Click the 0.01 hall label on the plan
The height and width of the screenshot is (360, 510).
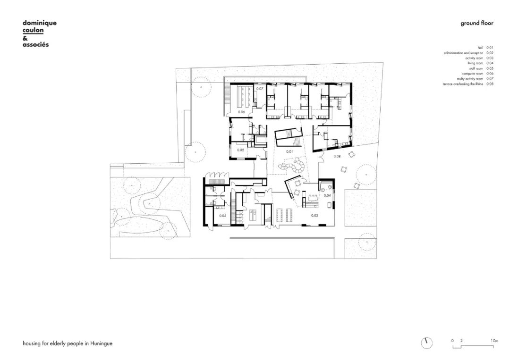point(289,151)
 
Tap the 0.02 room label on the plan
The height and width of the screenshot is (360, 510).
point(240,150)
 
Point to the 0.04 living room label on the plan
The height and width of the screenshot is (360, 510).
point(327,195)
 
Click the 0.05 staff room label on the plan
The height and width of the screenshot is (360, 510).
point(222,216)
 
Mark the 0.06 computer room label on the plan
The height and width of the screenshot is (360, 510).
point(241,112)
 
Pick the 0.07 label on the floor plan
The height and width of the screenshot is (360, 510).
point(259,89)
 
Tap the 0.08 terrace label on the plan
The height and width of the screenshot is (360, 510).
point(337,156)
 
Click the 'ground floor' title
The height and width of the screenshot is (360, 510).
point(476,23)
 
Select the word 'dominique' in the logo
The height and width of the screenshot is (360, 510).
point(40,23)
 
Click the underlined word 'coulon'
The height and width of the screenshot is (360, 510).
point(33,30)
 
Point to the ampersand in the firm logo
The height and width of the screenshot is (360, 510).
point(25,38)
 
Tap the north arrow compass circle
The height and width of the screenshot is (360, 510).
point(427,342)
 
